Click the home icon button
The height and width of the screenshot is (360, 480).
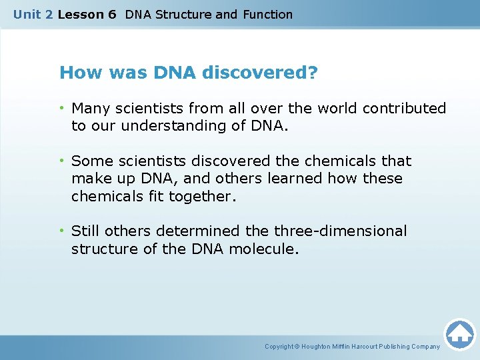tap(459, 334)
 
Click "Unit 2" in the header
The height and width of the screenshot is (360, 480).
tap(33, 14)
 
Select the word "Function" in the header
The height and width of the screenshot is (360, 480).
tap(267, 14)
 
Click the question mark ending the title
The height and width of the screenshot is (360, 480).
tap(313, 72)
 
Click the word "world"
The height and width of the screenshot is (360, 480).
tap(307, 108)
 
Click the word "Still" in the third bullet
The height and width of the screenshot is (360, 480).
tap(86, 231)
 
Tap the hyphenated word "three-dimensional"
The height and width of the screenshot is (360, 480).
tap(340, 231)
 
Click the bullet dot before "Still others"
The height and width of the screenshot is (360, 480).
tap(63, 231)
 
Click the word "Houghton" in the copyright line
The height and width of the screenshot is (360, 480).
tap(325, 347)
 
